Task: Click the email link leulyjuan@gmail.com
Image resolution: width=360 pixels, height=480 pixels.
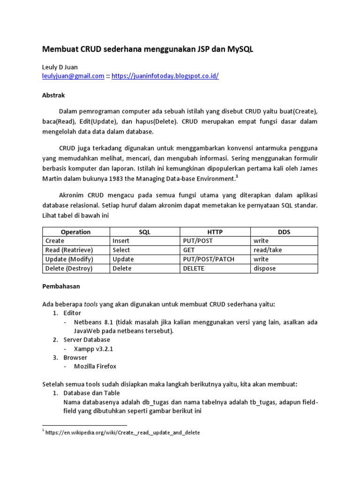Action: [73, 76]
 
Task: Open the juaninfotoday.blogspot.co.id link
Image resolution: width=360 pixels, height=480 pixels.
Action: [165, 76]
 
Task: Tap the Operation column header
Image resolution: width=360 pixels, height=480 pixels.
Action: [75, 232]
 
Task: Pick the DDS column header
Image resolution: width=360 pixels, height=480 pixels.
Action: [284, 232]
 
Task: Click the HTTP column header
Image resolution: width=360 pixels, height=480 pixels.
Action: [215, 232]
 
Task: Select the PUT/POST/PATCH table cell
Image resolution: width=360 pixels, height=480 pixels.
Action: [209, 259]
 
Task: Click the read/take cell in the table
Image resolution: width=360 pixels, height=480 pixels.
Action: [268, 250]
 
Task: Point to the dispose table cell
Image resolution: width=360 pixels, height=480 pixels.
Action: [265, 269]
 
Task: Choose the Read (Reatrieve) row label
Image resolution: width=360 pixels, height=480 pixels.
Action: [69, 250]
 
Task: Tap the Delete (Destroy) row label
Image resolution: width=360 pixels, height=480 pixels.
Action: [69, 269]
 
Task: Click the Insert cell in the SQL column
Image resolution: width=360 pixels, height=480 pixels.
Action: [121, 241]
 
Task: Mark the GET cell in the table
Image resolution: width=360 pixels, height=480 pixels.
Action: [189, 250]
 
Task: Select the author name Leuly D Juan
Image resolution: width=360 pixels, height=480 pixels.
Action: [60, 67]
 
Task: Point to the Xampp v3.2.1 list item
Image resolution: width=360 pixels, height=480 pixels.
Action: [94, 349]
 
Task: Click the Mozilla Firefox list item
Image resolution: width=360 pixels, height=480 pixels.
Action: [95, 367]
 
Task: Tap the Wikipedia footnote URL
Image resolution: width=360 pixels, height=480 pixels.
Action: [123, 433]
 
